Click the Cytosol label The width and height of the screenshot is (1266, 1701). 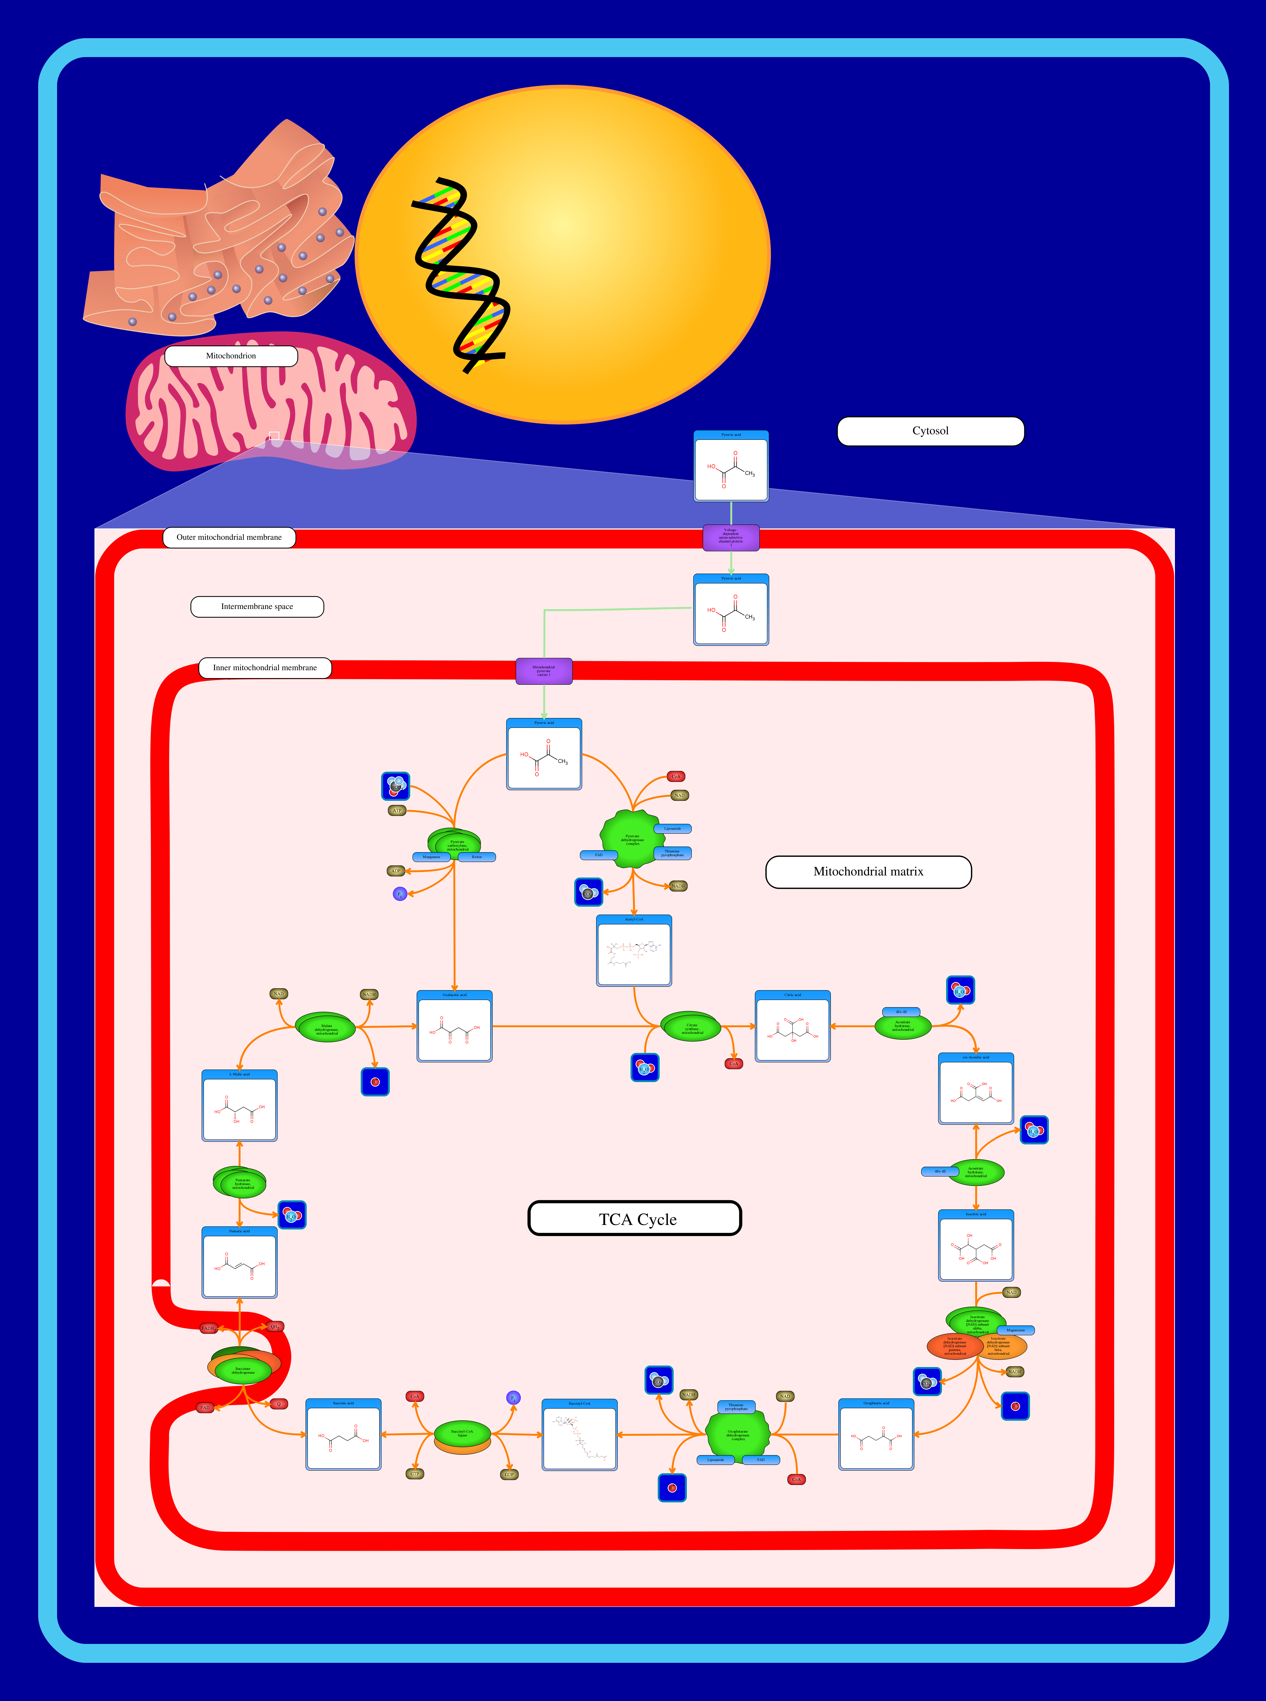tap(930, 431)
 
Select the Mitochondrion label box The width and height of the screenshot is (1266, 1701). tap(231, 356)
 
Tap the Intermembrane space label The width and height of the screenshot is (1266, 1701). tap(257, 606)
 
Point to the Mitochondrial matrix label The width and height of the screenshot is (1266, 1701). tap(868, 872)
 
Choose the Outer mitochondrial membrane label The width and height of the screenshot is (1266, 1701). tap(229, 537)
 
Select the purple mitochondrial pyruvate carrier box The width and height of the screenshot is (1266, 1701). tap(543, 671)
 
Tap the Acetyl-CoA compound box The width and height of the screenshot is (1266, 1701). tap(634, 950)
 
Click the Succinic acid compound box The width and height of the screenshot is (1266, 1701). tap(343, 1435)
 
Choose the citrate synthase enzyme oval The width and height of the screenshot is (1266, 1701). tap(691, 1028)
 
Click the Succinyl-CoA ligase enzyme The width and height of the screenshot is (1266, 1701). tap(462, 1433)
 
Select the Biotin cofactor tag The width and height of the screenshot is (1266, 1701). tap(477, 857)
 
